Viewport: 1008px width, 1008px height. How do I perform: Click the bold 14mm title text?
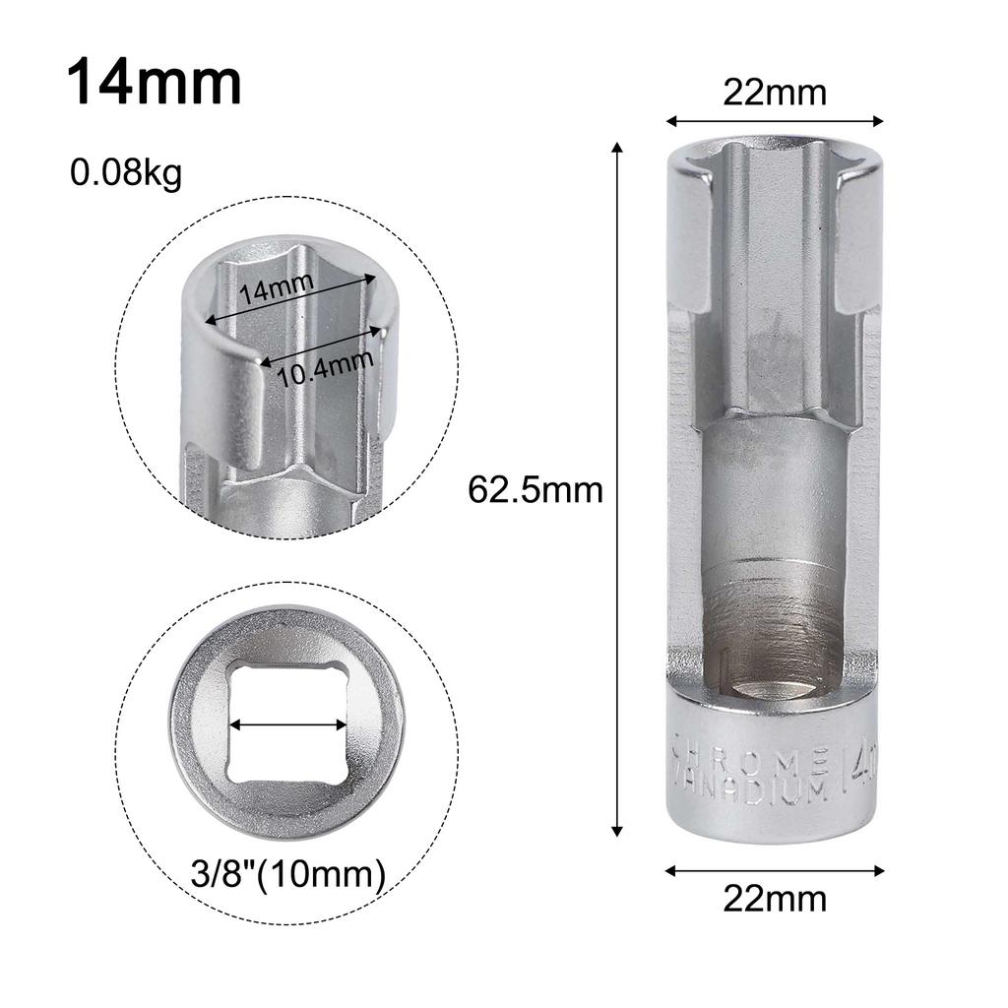point(155,82)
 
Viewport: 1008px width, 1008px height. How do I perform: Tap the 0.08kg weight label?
point(126,173)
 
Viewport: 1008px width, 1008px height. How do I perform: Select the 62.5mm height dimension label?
point(535,490)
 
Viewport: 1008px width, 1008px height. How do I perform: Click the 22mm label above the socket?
point(775,93)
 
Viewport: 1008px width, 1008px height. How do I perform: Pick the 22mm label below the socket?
point(775,898)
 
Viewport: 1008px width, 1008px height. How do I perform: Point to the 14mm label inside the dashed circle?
point(277,287)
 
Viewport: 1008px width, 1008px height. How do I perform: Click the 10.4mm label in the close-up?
point(325,368)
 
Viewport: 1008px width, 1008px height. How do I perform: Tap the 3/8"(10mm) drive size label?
point(288,874)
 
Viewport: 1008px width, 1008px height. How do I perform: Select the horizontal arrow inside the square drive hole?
point(288,724)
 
